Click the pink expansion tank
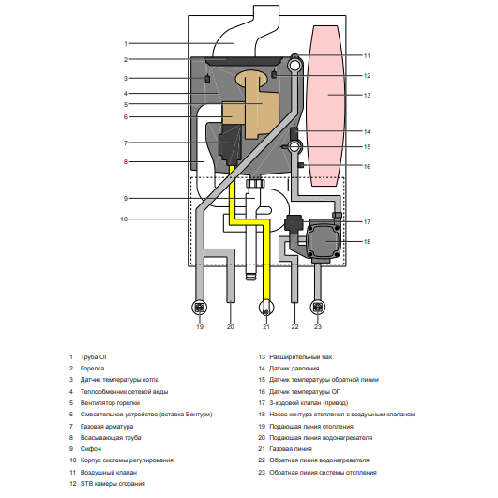(324, 106)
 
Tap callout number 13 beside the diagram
(367, 96)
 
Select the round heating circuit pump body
(324, 242)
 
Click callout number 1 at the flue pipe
(126, 43)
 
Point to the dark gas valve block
(230, 143)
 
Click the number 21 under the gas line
(266, 326)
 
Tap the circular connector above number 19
(199, 308)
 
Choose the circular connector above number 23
(318, 307)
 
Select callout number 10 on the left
(124, 219)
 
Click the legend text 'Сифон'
(91, 449)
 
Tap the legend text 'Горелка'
(92, 369)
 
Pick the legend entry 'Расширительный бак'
(300, 357)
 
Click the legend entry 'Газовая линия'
(291, 449)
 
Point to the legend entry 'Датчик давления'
(294, 369)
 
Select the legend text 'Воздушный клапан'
(109, 473)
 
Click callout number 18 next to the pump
(367, 242)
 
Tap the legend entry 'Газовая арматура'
(107, 426)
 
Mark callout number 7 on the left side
(126, 143)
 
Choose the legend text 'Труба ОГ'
(94, 357)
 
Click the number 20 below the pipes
(231, 326)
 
